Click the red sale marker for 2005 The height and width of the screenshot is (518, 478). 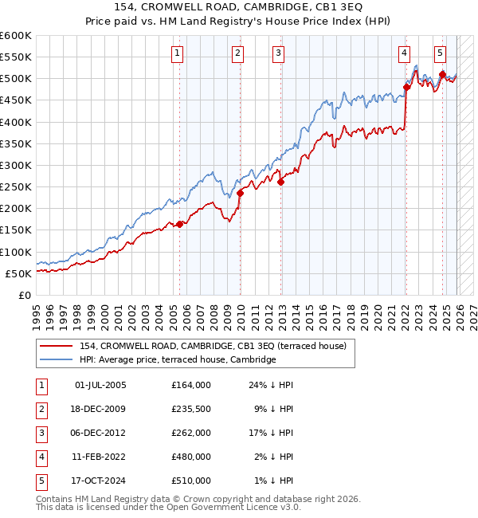pos(179,224)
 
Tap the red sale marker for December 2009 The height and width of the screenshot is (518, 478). pos(240,193)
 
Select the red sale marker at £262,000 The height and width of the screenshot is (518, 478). pos(281,182)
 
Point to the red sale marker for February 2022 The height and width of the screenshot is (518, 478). pos(406,87)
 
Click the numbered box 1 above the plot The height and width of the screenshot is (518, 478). pos(176,53)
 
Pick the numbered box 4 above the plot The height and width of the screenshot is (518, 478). pos(405,53)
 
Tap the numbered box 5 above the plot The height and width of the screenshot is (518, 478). pos(441,53)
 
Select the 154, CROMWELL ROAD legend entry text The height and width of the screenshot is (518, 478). pos(212,346)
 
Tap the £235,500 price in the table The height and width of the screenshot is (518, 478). pos(190,409)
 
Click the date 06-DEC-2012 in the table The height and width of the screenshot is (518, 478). pos(100,433)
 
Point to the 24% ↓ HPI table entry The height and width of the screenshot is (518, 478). pos(271,385)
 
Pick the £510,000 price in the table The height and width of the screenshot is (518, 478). pos(190,481)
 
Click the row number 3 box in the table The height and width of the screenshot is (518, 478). pos(39,433)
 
